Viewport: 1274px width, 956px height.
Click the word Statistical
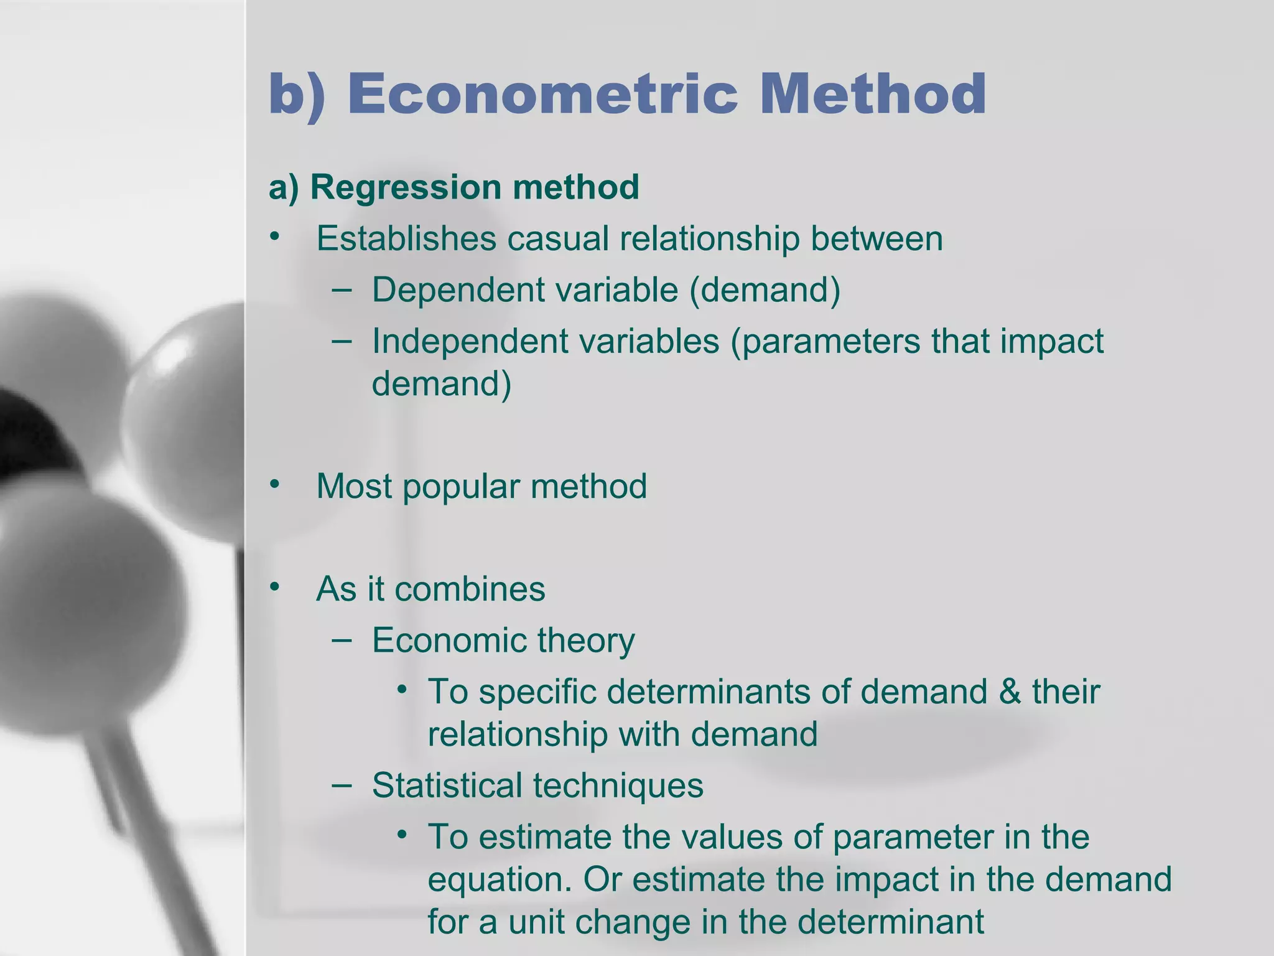[x=446, y=785]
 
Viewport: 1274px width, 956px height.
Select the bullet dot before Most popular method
[x=275, y=485]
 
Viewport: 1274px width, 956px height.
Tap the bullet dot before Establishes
[x=275, y=237]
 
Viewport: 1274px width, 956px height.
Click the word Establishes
[x=406, y=239]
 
